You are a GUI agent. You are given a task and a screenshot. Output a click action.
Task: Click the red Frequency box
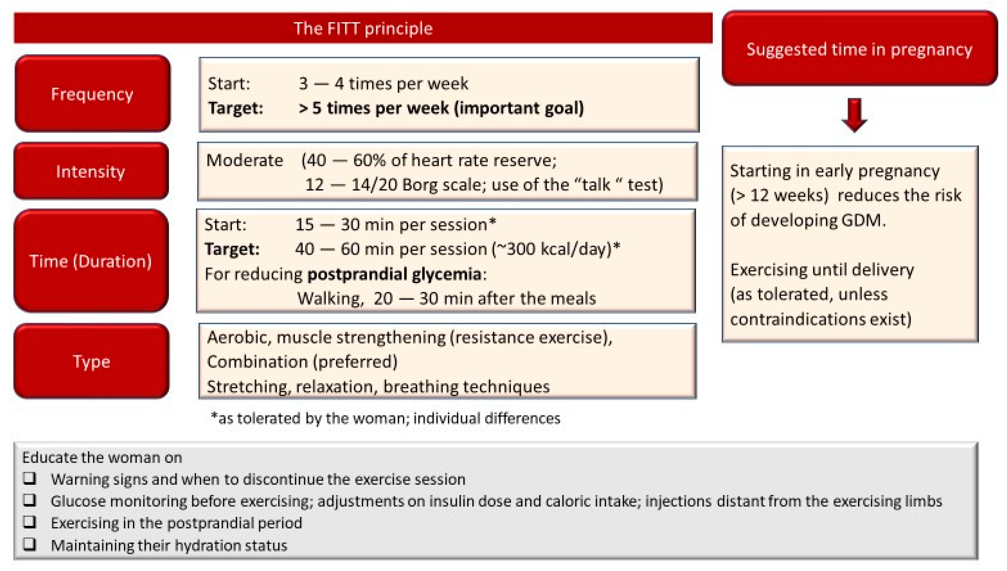click(x=92, y=94)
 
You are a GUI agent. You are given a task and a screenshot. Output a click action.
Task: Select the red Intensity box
click(x=91, y=171)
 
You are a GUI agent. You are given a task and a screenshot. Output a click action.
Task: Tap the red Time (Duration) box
click(x=91, y=261)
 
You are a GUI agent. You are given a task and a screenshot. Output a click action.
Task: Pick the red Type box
click(x=91, y=361)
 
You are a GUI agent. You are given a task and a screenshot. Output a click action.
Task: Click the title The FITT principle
click(x=363, y=28)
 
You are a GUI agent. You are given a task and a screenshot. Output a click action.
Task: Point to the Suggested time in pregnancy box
click(x=859, y=49)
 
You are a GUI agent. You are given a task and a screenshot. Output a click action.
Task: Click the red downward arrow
click(x=854, y=115)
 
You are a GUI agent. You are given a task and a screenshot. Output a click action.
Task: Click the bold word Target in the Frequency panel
click(x=235, y=108)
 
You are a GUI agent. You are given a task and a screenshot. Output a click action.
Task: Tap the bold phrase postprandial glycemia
click(x=394, y=274)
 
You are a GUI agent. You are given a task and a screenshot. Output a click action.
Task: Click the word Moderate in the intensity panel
click(x=245, y=160)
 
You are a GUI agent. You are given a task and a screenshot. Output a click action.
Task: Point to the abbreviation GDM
click(x=863, y=220)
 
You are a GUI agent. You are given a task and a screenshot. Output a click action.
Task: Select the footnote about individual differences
click(x=386, y=418)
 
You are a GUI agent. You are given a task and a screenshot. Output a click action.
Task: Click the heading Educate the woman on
click(x=102, y=457)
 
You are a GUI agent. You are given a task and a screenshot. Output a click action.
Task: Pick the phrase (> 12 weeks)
click(x=779, y=195)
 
